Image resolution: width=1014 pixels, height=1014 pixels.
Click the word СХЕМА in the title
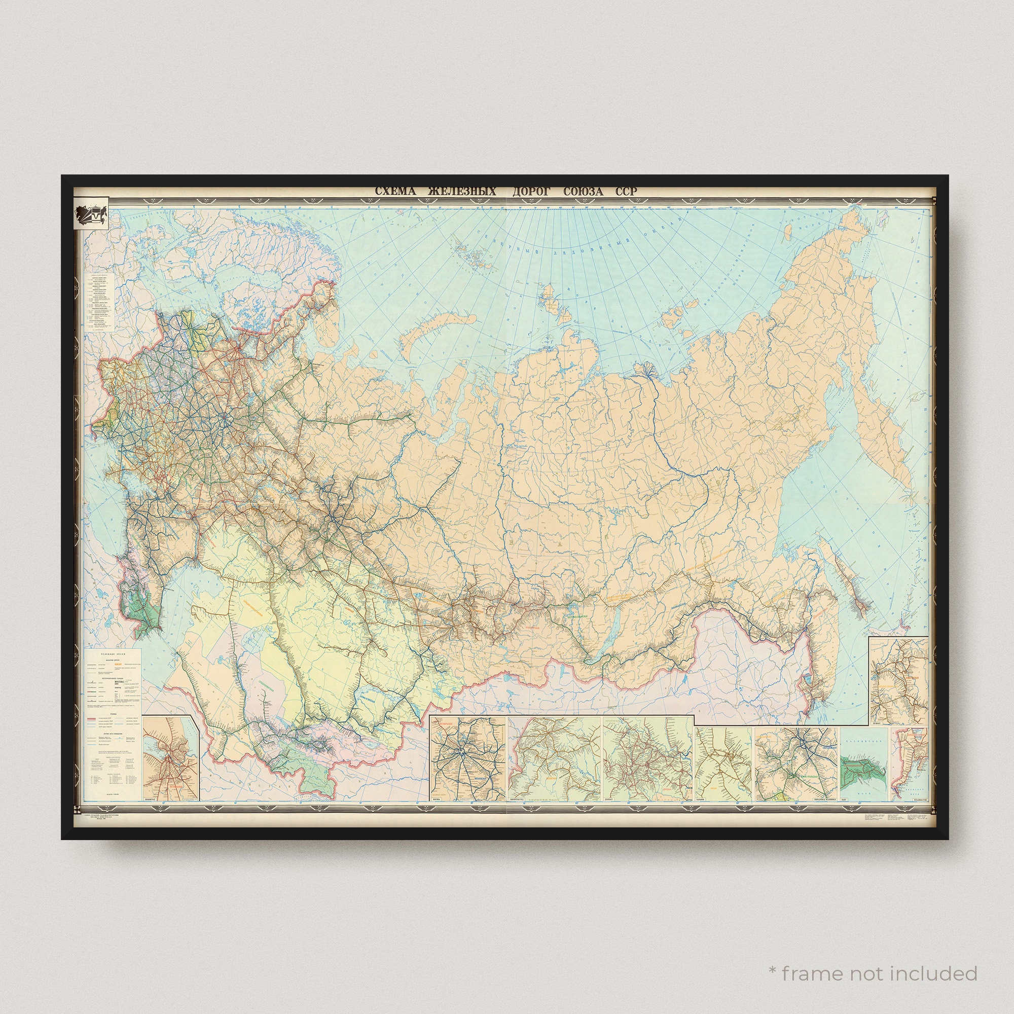click(x=394, y=192)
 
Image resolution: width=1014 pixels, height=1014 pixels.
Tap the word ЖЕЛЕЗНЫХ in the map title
click(x=462, y=192)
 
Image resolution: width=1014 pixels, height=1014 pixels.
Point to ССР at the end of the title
click(x=627, y=192)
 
